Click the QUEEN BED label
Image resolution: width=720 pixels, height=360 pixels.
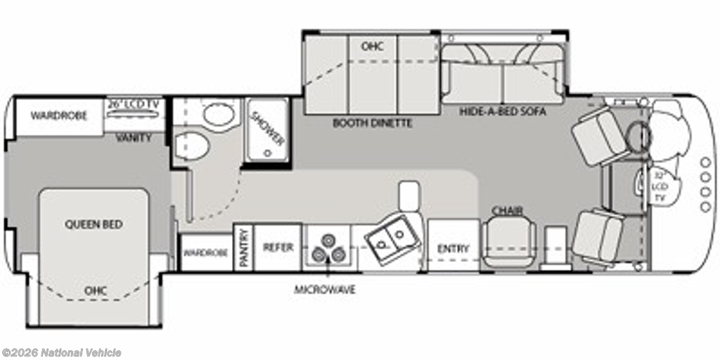click(94, 224)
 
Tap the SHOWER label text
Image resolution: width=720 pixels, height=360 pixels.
click(267, 129)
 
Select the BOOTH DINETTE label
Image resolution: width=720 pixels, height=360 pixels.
click(373, 123)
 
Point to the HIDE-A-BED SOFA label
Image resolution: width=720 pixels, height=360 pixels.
click(503, 111)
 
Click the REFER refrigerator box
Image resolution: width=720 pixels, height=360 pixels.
click(278, 247)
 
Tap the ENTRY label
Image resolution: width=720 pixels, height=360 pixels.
click(454, 249)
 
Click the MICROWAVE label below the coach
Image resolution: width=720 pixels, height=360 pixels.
click(325, 290)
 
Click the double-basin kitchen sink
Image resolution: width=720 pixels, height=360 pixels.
click(392, 239)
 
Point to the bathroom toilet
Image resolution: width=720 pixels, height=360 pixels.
click(191, 146)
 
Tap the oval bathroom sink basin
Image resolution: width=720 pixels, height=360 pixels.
click(219, 115)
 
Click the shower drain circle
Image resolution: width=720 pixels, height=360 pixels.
click(267, 153)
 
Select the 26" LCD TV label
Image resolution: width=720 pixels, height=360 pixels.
click(133, 104)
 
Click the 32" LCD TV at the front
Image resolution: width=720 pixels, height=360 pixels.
click(659, 186)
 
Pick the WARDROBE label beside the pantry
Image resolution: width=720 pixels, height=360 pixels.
click(206, 253)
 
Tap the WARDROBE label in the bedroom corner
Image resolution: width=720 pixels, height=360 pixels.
click(59, 116)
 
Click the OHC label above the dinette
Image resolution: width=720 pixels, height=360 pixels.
click(373, 46)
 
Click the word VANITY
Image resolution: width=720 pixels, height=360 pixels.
click(134, 137)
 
